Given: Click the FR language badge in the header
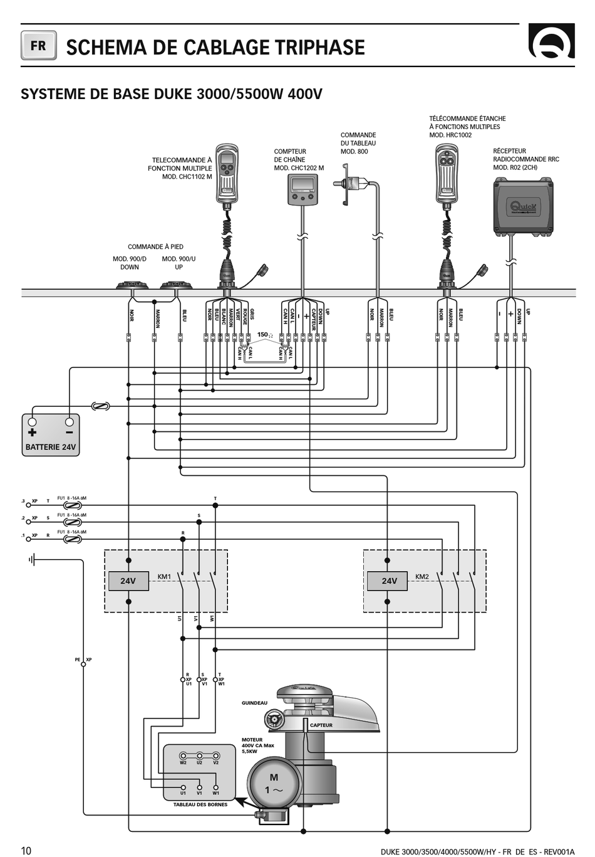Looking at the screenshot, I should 38,46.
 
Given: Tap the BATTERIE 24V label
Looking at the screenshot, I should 51,447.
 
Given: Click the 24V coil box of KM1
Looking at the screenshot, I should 128,581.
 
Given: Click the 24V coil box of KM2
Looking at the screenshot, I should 390,581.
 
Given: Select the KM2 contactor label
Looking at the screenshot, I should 422,577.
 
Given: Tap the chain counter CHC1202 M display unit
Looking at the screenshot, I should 303,189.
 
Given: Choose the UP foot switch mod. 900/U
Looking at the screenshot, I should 176,285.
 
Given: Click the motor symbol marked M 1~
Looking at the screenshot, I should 274,784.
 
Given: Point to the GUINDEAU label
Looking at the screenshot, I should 254,703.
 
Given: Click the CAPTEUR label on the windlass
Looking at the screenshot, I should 321,725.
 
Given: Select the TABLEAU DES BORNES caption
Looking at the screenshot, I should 200,804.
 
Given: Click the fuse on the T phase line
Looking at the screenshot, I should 73,505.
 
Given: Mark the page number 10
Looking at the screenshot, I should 26,850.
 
